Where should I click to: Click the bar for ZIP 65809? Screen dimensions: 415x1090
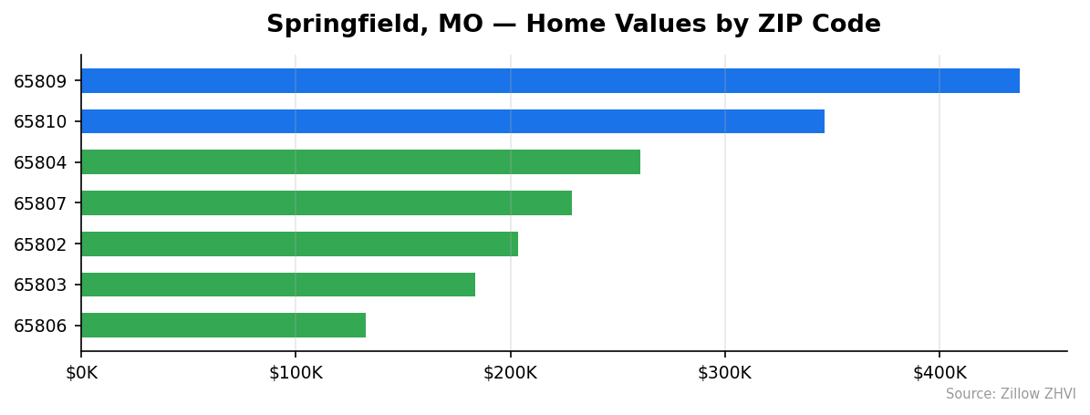[x=550, y=80]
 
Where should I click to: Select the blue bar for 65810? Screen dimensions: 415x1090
[x=452, y=121]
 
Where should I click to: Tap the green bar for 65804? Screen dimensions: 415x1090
[x=360, y=162]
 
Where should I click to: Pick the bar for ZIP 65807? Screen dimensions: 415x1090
[x=327, y=202]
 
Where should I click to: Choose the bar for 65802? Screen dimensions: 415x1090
[x=299, y=244]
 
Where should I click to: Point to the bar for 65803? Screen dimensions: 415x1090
[x=278, y=285]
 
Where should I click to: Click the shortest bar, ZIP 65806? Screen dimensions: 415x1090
[x=223, y=326]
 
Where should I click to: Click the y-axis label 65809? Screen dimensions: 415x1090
[x=40, y=81]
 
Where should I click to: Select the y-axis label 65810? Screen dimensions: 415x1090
[x=40, y=122]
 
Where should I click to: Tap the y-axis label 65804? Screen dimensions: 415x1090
[x=40, y=163]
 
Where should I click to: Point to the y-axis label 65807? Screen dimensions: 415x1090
[x=40, y=203]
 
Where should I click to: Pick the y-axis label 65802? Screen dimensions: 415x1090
[x=40, y=244]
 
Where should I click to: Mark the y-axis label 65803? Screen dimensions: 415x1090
[x=40, y=285]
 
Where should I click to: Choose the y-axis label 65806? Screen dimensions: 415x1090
[x=40, y=327]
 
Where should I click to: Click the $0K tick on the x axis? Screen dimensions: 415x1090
[x=81, y=373]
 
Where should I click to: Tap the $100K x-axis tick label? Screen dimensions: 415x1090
[x=296, y=373]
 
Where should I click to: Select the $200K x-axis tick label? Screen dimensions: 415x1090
[x=511, y=373]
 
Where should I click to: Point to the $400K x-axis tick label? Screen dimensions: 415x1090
[x=939, y=373]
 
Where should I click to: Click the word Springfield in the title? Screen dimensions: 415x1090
[x=337, y=26]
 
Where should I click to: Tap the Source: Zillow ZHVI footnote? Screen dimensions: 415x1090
[x=1011, y=394]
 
